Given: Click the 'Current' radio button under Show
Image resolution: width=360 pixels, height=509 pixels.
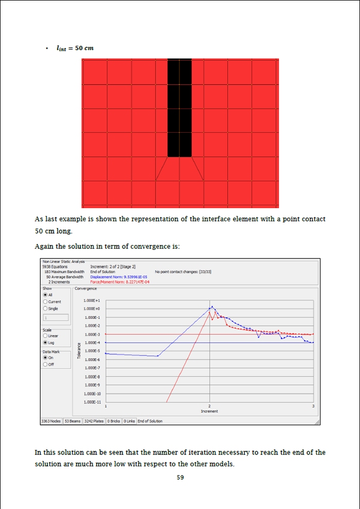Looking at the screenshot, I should point(45,302).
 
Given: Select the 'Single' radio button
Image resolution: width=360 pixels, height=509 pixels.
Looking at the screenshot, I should point(45,308).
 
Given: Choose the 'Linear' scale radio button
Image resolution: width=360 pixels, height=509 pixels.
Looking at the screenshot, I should point(45,336).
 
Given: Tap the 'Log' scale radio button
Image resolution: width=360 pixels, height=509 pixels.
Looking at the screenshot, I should point(45,342).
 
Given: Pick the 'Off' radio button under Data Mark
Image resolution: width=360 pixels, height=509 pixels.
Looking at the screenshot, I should point(45,364).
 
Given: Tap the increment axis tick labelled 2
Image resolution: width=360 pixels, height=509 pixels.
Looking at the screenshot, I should point(209,407).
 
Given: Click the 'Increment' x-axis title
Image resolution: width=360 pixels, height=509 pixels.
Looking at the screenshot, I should point(209,411).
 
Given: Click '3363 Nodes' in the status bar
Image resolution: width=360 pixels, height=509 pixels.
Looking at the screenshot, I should point(51,421).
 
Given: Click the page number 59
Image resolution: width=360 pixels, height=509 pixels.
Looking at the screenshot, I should point(180,478).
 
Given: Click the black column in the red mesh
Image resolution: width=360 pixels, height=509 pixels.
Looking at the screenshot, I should point(179,108).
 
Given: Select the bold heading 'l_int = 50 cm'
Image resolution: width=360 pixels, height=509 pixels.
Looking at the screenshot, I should point(75,48).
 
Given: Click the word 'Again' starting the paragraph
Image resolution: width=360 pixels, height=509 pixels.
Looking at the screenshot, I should point(44,247).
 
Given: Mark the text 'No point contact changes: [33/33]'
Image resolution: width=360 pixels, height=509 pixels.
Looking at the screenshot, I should point(183,272).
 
